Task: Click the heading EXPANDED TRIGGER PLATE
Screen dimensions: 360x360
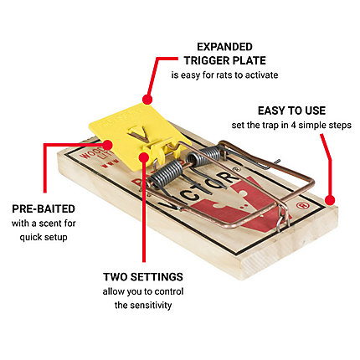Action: [225, 54]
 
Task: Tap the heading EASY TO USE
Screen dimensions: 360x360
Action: [291, 111]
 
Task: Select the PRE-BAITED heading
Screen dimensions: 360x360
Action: [44, 208]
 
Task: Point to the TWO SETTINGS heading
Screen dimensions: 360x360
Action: [143, 277]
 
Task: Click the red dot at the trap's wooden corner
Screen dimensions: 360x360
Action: [330, 200]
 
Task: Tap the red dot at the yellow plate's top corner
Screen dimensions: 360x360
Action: [147, 99]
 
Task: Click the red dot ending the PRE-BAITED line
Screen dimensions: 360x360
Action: [107, 145]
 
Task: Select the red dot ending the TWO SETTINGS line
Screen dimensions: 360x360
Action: [144, 157]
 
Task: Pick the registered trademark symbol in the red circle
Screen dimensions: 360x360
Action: [301, 206]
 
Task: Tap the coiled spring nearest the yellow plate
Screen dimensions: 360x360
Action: [168, 173]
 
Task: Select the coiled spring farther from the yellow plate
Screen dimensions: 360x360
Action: [205, 157]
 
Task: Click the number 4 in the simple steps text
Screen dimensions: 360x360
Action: [293, 125]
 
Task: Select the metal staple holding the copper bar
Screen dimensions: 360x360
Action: [283, 220]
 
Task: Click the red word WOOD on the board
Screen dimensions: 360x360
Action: [89, 152]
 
